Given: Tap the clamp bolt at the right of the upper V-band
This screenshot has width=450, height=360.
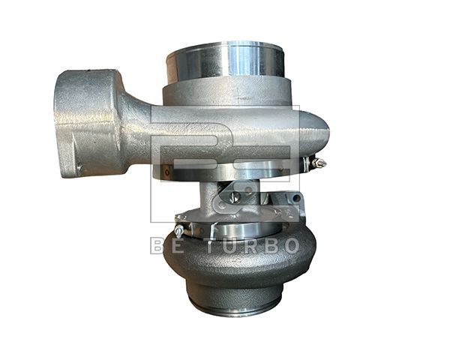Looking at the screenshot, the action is click(319, 163).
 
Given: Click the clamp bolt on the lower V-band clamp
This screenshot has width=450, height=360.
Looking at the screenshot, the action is click(179, 229).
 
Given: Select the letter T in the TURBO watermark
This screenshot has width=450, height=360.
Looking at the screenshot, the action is click(214, 246).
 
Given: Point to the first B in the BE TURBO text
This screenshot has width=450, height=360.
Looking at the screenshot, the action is click(158, 246).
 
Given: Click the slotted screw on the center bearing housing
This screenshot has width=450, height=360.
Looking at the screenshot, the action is click(235, 197).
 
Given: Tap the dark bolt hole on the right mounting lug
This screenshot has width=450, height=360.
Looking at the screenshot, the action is click(297, 198).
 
